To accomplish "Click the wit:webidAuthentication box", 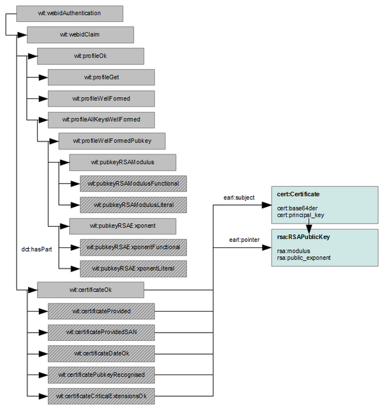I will pos(69,13).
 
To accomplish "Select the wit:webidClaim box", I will pos(79,34).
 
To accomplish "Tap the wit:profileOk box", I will pos(90,56).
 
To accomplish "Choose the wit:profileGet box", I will pos(101,77).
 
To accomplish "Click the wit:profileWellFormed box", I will pos(101,98).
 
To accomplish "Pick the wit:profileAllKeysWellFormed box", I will pos(101,120).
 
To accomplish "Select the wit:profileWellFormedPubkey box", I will pos(112,141).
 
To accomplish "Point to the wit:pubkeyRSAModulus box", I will pos(123,162).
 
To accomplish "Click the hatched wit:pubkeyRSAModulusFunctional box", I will pos(133,183).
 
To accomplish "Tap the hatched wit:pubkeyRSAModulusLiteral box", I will pos(133,204).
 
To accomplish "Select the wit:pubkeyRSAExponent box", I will pos(123,225).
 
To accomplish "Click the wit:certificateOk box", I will pos(90,290).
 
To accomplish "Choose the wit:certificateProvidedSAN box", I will pos(101,332).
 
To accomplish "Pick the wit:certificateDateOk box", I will pos(101,353).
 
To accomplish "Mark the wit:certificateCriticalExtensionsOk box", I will pos(101,396).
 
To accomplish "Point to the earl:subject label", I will pos(239,198).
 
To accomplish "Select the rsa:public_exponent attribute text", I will pos(304,258).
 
